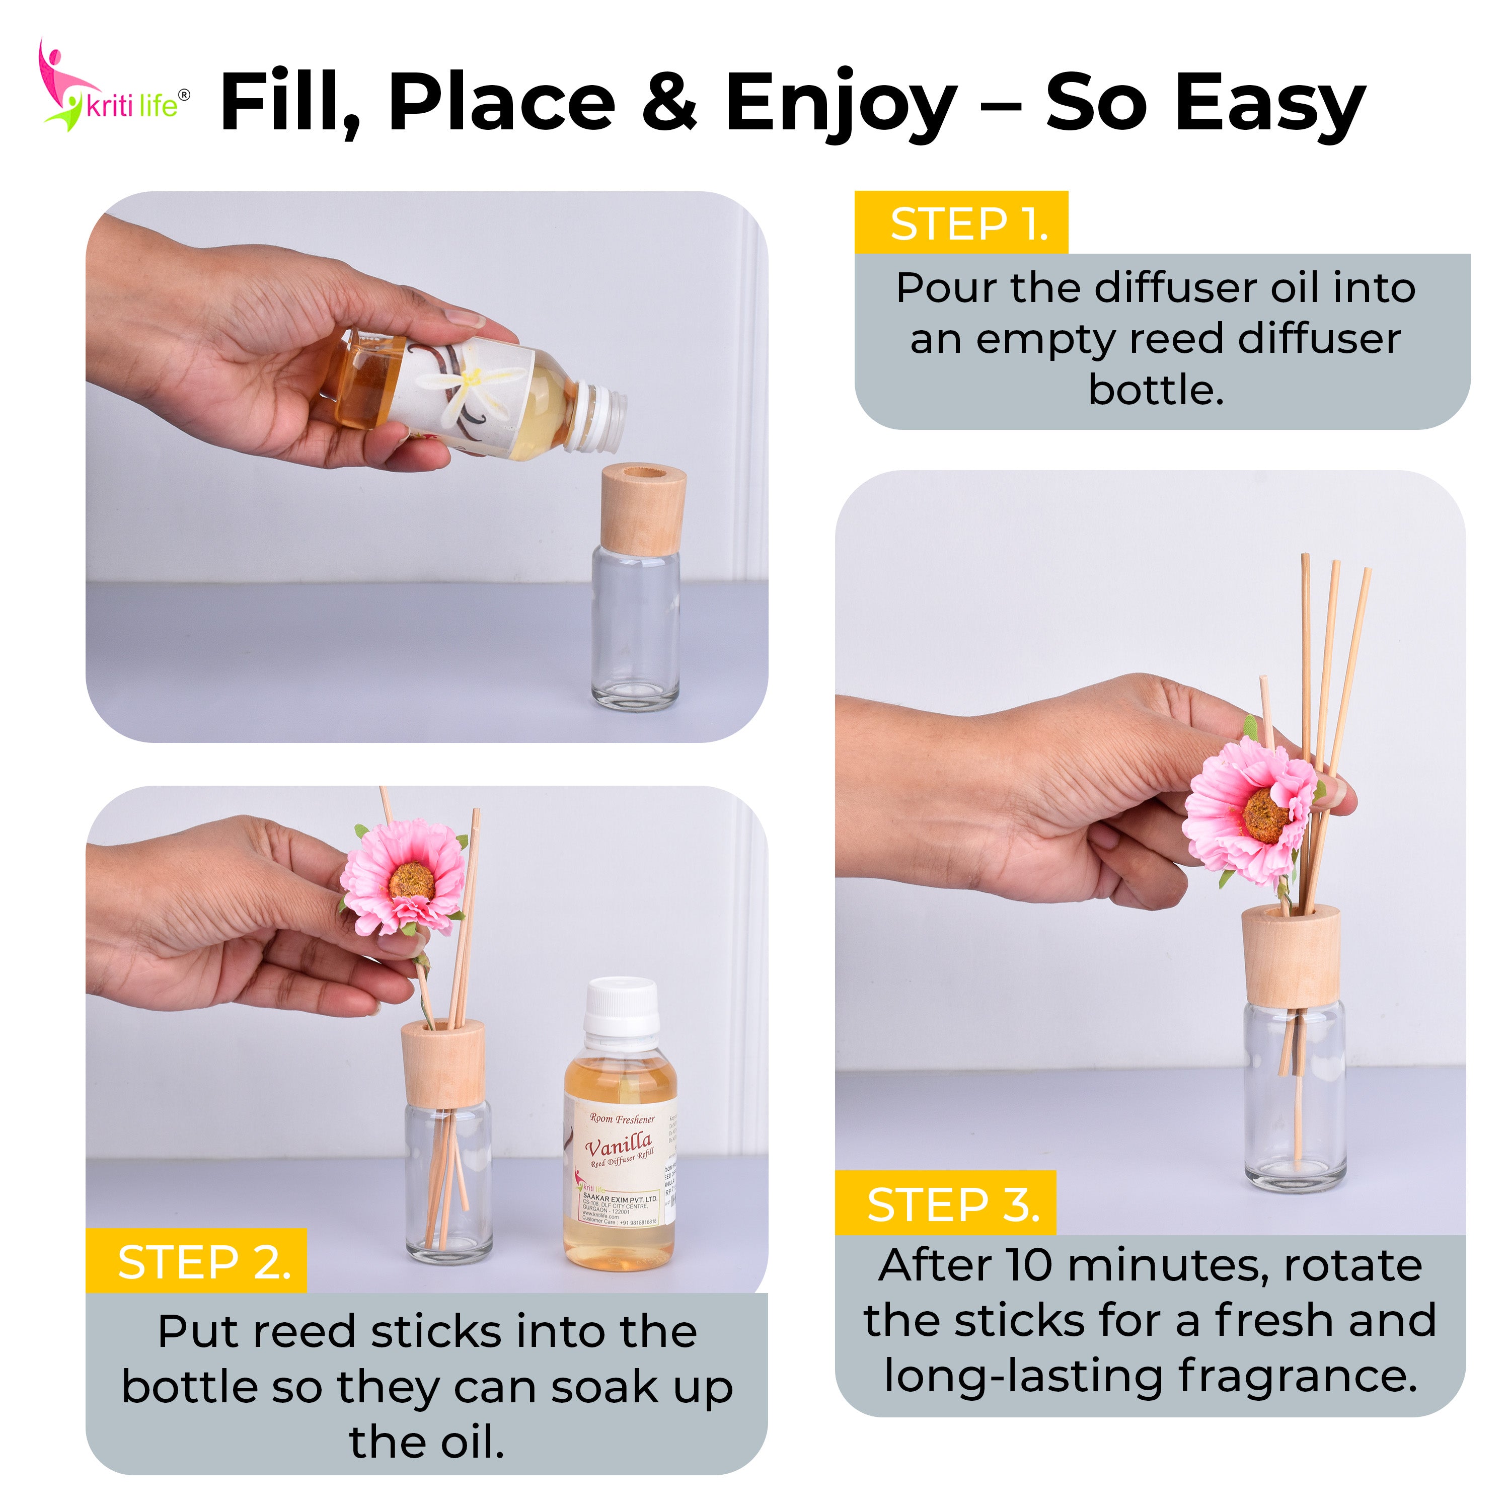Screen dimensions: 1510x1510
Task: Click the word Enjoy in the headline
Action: [840, 103]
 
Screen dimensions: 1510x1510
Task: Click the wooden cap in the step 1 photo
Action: [643, 508]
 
